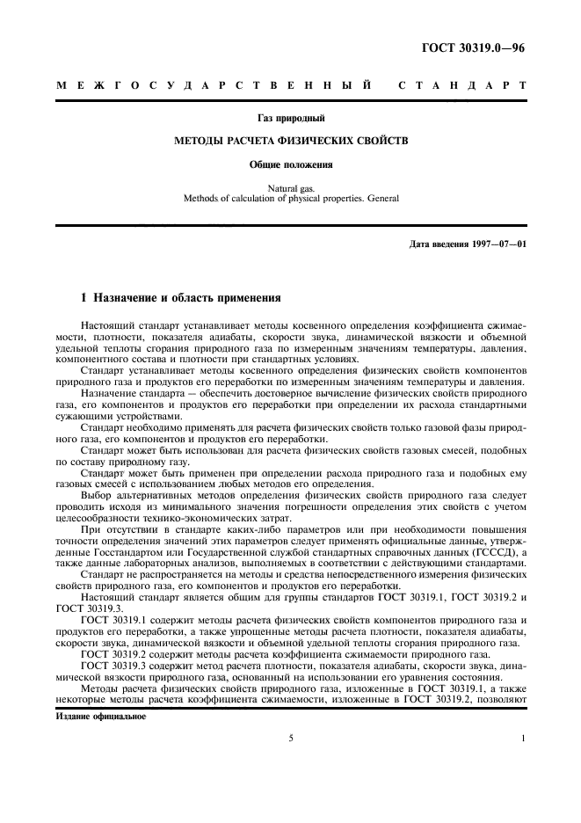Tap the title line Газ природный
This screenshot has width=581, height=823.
[x=290, y=116]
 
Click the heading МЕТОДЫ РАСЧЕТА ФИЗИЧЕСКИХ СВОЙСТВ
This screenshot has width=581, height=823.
[x=290, y=140]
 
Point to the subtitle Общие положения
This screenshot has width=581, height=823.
[x=290, y=164]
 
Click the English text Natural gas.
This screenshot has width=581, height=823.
[x=290, y=187]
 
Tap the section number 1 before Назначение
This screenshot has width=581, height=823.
[x=83, y=298]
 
